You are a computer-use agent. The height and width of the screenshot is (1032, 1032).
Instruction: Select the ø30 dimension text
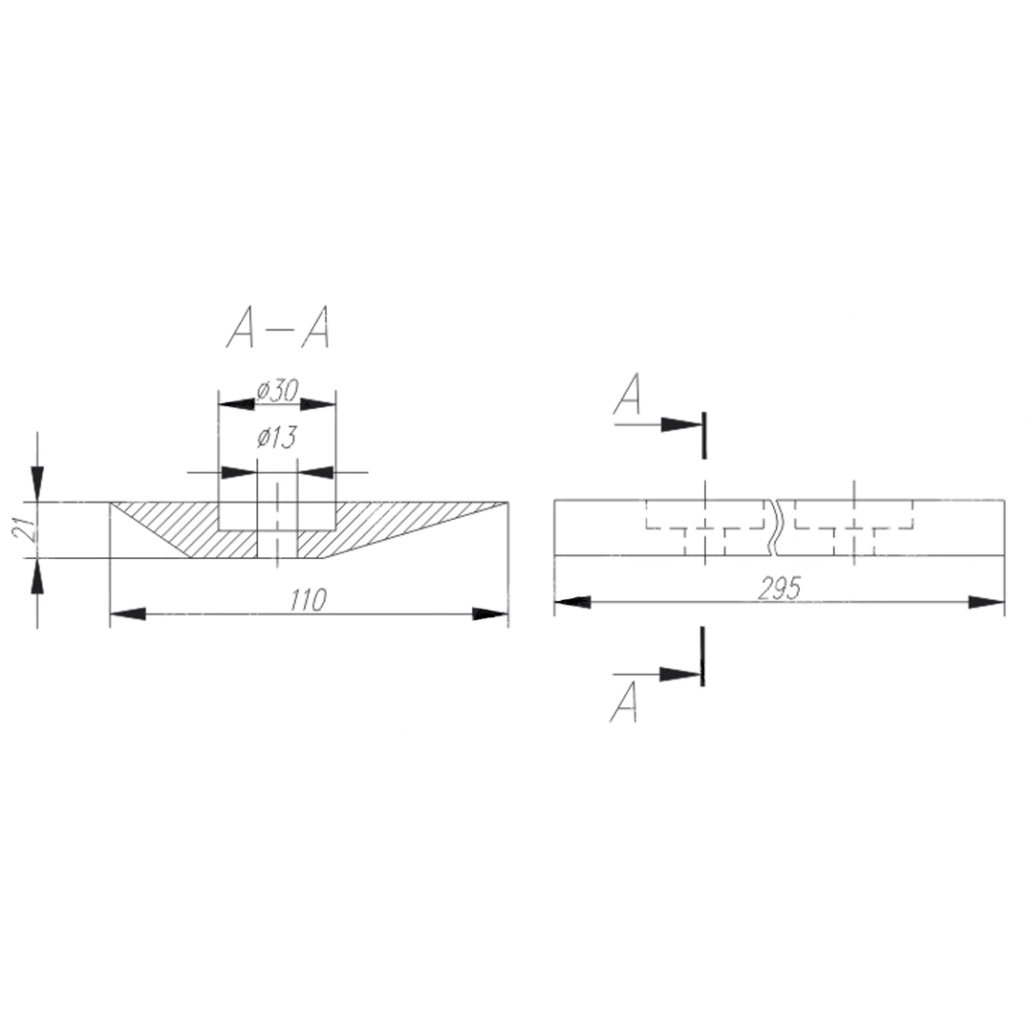tap(278, 391)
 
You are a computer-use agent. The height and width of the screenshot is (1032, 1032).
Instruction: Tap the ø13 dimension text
tap(277, 437)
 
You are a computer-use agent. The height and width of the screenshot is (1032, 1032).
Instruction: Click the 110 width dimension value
tap(308, 599)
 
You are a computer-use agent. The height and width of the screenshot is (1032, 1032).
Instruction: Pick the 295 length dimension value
tap(780, 589)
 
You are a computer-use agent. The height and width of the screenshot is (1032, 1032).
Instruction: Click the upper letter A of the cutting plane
tap(627, 394)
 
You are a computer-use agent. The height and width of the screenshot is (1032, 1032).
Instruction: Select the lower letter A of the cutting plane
tap(624, 701)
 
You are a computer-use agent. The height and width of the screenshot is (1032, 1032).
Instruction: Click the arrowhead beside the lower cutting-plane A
tap(680, 674)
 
